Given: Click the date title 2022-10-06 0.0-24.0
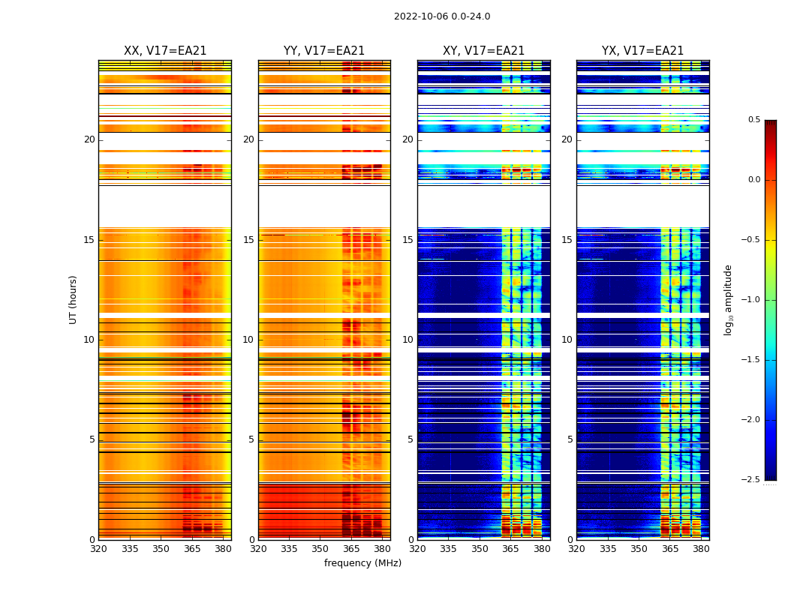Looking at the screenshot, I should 442,16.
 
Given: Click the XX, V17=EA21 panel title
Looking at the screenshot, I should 165,51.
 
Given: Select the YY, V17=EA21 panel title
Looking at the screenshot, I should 324,51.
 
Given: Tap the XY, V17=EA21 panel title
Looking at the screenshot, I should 483,51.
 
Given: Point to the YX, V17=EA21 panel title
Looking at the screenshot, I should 642,51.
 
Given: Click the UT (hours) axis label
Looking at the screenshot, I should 73,299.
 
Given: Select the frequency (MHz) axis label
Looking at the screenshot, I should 362,563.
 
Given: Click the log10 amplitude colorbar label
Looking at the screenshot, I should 728,299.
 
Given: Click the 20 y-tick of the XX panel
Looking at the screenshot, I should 89,139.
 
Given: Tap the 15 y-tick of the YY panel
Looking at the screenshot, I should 248,240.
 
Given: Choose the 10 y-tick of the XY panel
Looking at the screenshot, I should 408,340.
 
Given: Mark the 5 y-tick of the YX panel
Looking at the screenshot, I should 570,439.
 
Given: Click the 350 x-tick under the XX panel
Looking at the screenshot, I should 161,548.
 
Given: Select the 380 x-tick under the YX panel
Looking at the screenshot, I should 701,548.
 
